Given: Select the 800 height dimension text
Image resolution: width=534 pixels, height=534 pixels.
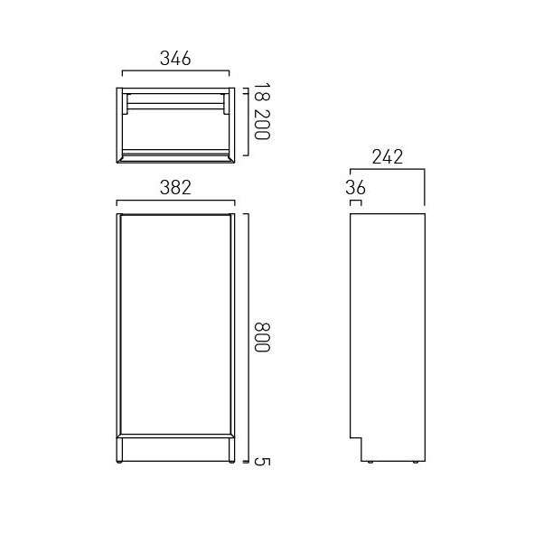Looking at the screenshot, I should click(261, 338).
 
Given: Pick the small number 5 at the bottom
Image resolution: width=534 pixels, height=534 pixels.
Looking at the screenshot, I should click(261, 462).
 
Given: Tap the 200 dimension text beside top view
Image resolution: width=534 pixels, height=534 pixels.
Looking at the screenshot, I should click(261, 124).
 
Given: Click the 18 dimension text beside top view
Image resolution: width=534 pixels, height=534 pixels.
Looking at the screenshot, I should click(261, 92).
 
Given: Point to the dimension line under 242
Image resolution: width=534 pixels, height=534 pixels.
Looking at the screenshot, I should click(386, 169).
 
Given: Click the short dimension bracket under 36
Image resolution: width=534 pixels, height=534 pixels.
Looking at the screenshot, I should click(355, 202).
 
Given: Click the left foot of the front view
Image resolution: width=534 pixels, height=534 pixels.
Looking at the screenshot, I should click(123, 464).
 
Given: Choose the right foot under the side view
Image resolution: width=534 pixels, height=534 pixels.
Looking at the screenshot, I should click(415, 463).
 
